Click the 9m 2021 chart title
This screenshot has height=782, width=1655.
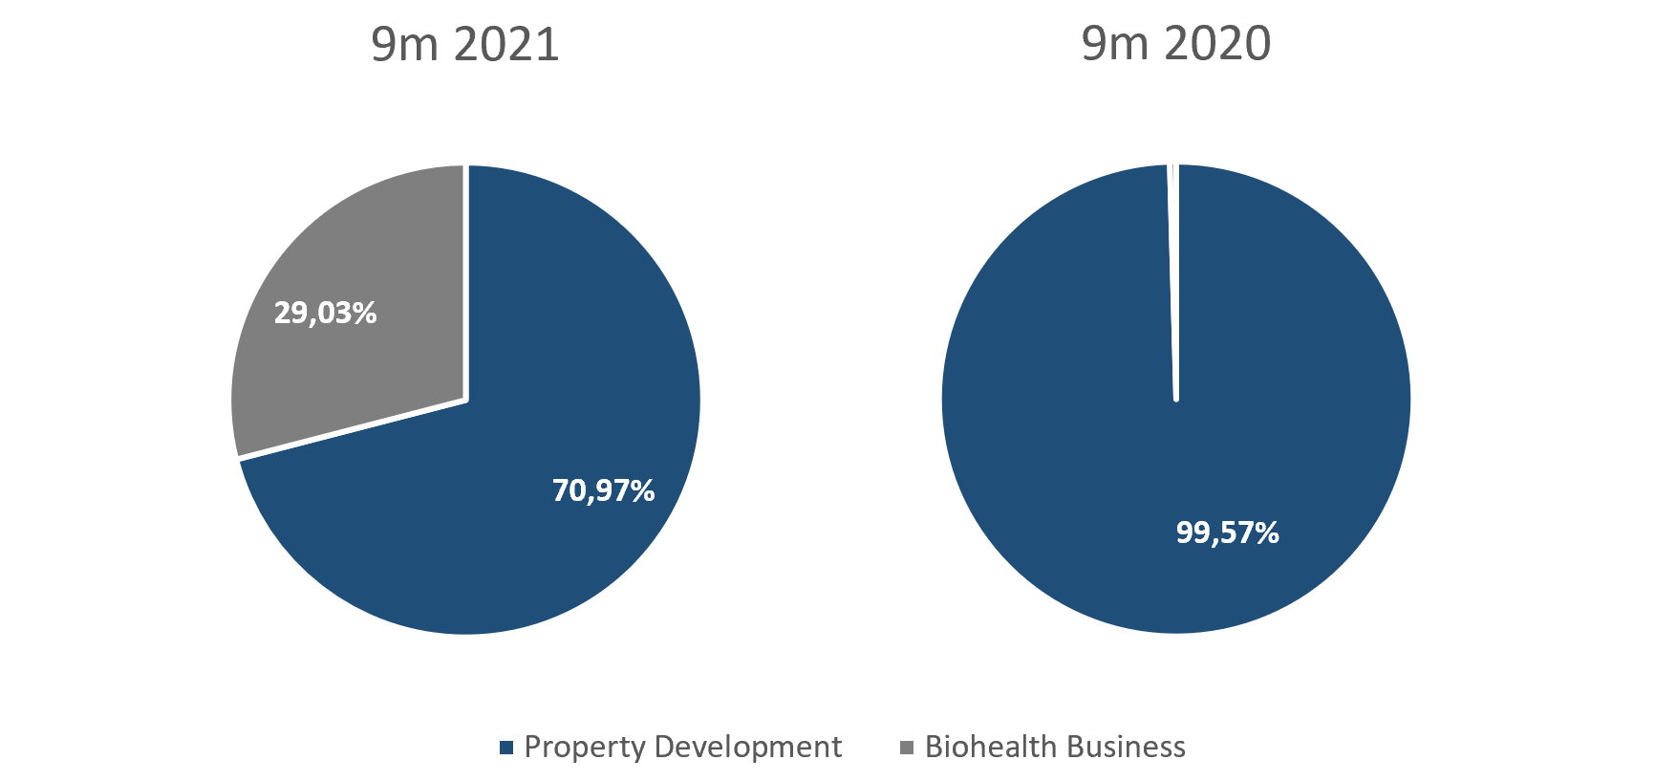464,45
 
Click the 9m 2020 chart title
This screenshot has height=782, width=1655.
1175,44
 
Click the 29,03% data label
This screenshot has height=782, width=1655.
325,313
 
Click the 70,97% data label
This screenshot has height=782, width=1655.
603,490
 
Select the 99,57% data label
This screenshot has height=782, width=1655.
1227,532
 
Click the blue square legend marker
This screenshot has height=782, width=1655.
506,748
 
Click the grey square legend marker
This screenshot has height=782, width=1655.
907,747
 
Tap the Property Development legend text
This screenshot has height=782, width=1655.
682,747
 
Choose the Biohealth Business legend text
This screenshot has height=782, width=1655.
1055,747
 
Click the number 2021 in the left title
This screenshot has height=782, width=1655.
506,45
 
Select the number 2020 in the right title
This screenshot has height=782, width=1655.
1217,44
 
